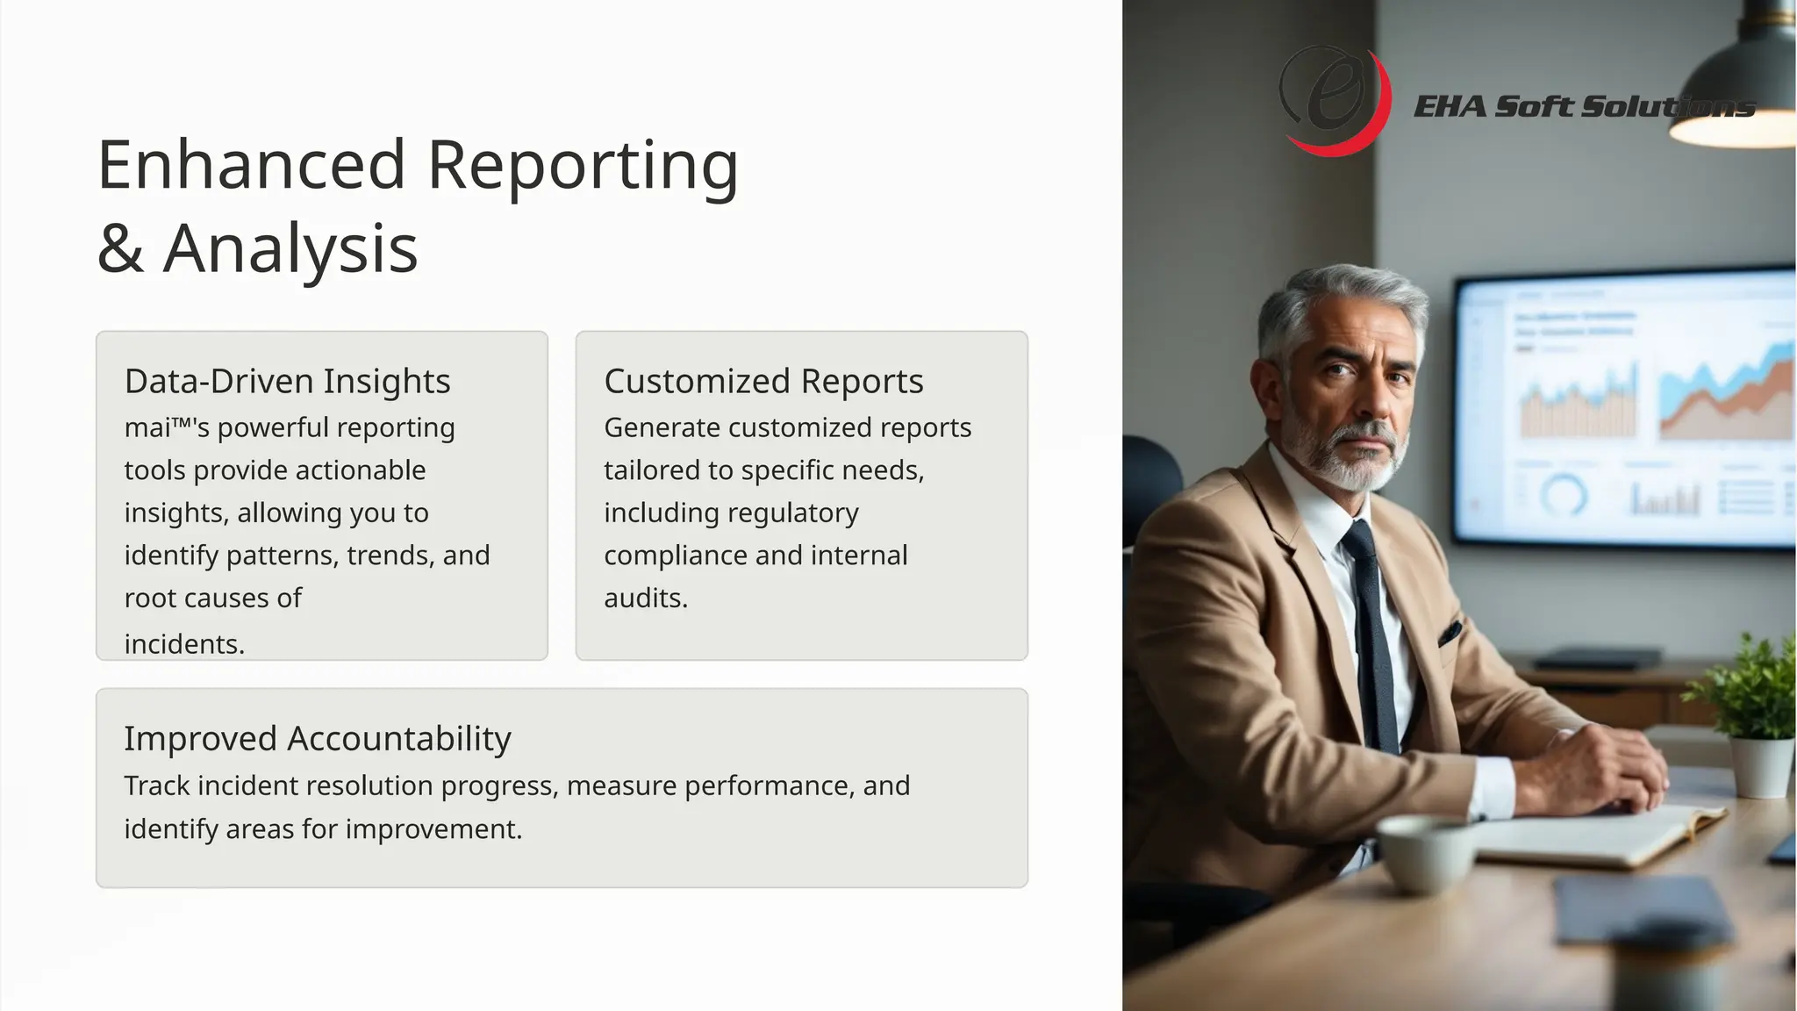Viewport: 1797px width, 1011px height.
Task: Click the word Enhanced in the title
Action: (x=251, y=165)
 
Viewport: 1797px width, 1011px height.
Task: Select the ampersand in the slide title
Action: (x=120, y=249)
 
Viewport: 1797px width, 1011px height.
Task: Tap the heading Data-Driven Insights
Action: (x=287, y=382)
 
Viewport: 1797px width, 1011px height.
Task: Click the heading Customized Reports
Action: (x=763, y=382)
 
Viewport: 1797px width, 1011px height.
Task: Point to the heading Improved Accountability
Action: (x=317, y=739)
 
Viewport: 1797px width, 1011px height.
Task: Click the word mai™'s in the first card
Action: (x=167, y=428)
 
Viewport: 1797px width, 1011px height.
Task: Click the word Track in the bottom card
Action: (x=156, y=786)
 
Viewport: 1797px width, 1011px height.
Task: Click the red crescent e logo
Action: (x=1335, y=101)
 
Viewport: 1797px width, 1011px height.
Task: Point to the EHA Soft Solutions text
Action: (x=1584, y=107)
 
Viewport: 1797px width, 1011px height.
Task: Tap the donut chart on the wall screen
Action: (x=1564, y=496)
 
